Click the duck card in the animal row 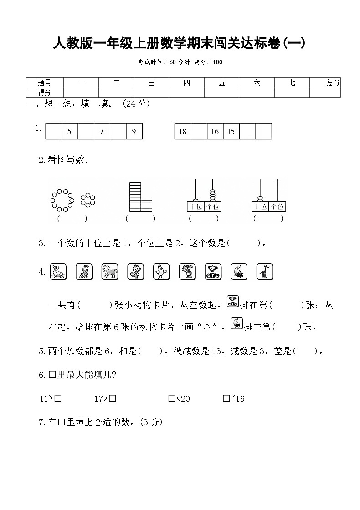[x=58, y=272]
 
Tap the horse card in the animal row [x=110, y=272]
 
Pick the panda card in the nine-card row [x=213, y=272]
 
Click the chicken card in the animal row [x=161, y=272]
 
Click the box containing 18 [x=183, y=131]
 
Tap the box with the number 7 [x=102, y=131]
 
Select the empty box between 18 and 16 [x=199, y=131]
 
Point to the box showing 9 [x=134, y=131]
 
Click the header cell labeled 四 [x=186, y=82]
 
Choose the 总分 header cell [x=333, y=82]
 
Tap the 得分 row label [x=45, y=93]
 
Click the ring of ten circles [x=62, y=200]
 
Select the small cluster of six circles [x=87, y=200]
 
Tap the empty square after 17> [x=113, y=398]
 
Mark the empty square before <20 [x=171, y=398]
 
